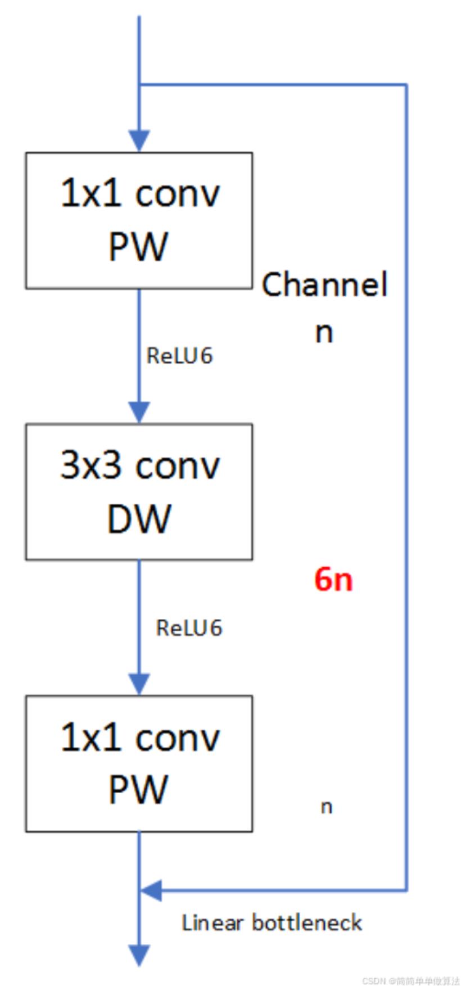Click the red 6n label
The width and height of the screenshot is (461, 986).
coord(333,579)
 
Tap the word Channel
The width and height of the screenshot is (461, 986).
coord(325,284)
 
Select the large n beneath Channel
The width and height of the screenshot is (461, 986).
coord(324,332)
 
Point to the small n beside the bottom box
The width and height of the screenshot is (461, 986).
coord(327,807)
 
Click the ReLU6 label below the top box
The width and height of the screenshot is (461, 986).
coord(179,356)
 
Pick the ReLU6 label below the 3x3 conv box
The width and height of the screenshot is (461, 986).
coord(189,628)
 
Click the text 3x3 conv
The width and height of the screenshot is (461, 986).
coord(139,465)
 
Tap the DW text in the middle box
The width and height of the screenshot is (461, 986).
coord(139,518)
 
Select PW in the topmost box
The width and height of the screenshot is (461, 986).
coord(138,246)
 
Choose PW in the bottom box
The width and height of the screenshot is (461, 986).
coord(138,790)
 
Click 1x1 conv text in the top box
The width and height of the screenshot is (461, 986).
coord(139,193)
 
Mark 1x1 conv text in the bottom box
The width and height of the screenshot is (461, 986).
coord(139,737)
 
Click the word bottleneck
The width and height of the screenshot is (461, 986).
coord(306,922)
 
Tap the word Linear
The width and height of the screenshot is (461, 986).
coord(212,922)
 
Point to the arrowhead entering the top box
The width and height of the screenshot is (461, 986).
coord(139,141)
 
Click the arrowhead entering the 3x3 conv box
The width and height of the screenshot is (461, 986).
coord(139,411)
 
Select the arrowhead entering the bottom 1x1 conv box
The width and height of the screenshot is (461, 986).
coord(139,684)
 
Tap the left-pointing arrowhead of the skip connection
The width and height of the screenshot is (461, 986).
coord(151,890)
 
